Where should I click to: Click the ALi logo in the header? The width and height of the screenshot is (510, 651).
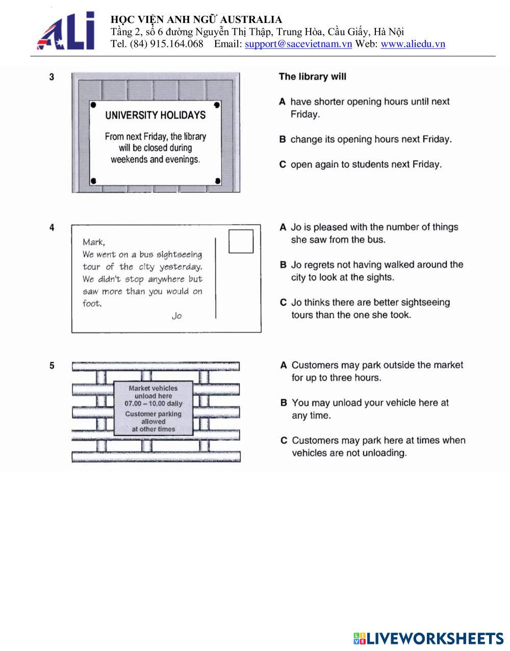66,31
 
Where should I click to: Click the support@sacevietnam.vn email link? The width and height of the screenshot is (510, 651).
298,44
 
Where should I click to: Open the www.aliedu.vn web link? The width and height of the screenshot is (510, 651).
413,44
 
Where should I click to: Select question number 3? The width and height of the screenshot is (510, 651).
52,77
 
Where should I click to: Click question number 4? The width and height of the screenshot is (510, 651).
52,228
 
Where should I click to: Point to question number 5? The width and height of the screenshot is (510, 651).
52,365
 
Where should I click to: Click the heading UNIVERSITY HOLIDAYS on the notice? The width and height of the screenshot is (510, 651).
156,115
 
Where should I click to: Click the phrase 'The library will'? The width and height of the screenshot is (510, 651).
312,77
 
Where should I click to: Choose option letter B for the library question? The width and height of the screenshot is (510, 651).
282,139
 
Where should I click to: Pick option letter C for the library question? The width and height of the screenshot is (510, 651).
282,164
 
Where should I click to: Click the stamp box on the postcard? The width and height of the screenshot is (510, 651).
241,241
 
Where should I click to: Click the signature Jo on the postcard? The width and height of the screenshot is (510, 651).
176,316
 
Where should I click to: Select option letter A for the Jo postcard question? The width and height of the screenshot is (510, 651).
283,228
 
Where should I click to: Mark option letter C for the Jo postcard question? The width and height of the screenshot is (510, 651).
283,303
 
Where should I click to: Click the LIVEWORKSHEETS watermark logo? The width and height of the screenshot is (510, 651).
428,638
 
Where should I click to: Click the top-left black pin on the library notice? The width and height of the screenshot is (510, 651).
93,105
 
